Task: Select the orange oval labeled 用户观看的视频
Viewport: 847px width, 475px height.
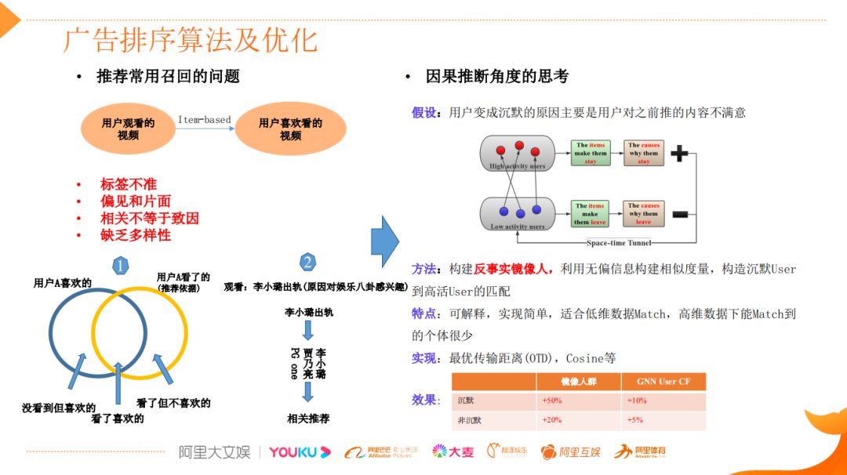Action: pos(128,129)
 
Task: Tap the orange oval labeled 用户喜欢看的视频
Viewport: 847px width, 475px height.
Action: pos(290,129)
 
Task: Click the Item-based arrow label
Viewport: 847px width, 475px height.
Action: pos(204,120)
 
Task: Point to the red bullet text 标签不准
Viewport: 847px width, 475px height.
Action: pos(129,184)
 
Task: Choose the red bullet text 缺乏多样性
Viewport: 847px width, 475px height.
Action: pos(136,234)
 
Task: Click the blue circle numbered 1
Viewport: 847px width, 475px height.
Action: pos(119,266)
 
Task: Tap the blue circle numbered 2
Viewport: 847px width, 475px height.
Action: pos(308,262)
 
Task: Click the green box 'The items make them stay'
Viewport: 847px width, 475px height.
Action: pos(591,153)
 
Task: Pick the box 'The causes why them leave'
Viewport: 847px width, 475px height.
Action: pos(644,213)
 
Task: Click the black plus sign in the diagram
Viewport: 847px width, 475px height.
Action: pos(680,154)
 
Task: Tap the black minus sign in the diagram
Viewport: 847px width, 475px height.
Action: pos(680,213)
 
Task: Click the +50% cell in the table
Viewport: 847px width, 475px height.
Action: pos(552,401)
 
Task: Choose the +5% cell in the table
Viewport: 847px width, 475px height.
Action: pos(635,420)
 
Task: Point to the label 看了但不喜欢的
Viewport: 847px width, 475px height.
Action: pos(173,403)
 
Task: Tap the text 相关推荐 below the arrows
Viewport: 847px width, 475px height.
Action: pos(308,419)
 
